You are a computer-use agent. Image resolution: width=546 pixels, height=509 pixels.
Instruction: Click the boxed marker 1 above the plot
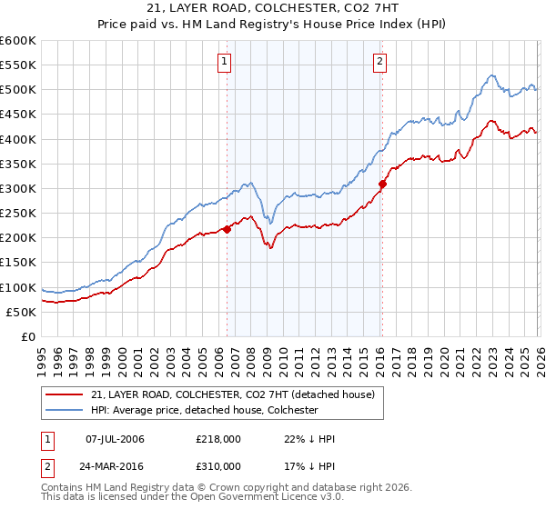[225, 62]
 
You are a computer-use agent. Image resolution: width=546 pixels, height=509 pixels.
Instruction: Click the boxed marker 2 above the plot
[379, 62]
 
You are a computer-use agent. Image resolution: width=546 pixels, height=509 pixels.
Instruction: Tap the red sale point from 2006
[227, 229]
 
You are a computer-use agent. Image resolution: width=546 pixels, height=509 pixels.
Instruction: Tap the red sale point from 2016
[382, 184]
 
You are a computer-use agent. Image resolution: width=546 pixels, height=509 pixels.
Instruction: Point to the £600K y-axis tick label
[18, 41]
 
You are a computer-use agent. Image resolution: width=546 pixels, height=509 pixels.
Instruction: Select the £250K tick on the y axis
[18, 214]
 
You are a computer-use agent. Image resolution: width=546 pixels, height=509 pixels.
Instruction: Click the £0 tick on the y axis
[27, 337]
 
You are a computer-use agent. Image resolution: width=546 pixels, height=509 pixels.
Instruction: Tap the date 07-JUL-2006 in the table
[114, 439]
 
